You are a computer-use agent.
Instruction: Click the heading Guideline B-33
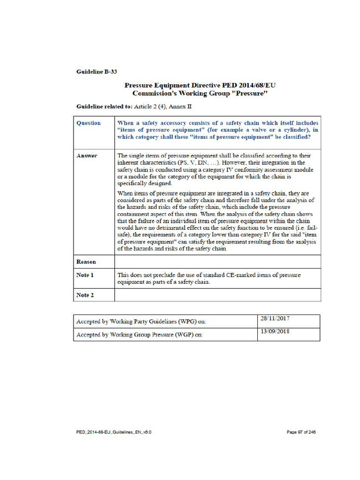point(97,72)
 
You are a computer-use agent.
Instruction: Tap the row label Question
point(89,123)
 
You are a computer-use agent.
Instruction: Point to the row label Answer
point(87,156)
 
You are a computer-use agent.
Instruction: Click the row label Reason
point(86,262)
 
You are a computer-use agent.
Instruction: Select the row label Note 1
point(85,275)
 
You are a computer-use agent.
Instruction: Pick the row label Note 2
point(85,295)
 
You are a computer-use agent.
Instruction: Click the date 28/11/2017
point(275,319)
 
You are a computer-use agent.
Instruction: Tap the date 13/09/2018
point(275,332)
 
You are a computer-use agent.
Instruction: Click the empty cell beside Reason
point(217,262)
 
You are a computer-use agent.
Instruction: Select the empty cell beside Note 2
point(217,295)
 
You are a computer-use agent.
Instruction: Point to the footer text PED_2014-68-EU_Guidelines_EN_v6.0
point(114,432)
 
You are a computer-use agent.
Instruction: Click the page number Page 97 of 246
point(301,432)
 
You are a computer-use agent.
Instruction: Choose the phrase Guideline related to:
point(104,107)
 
